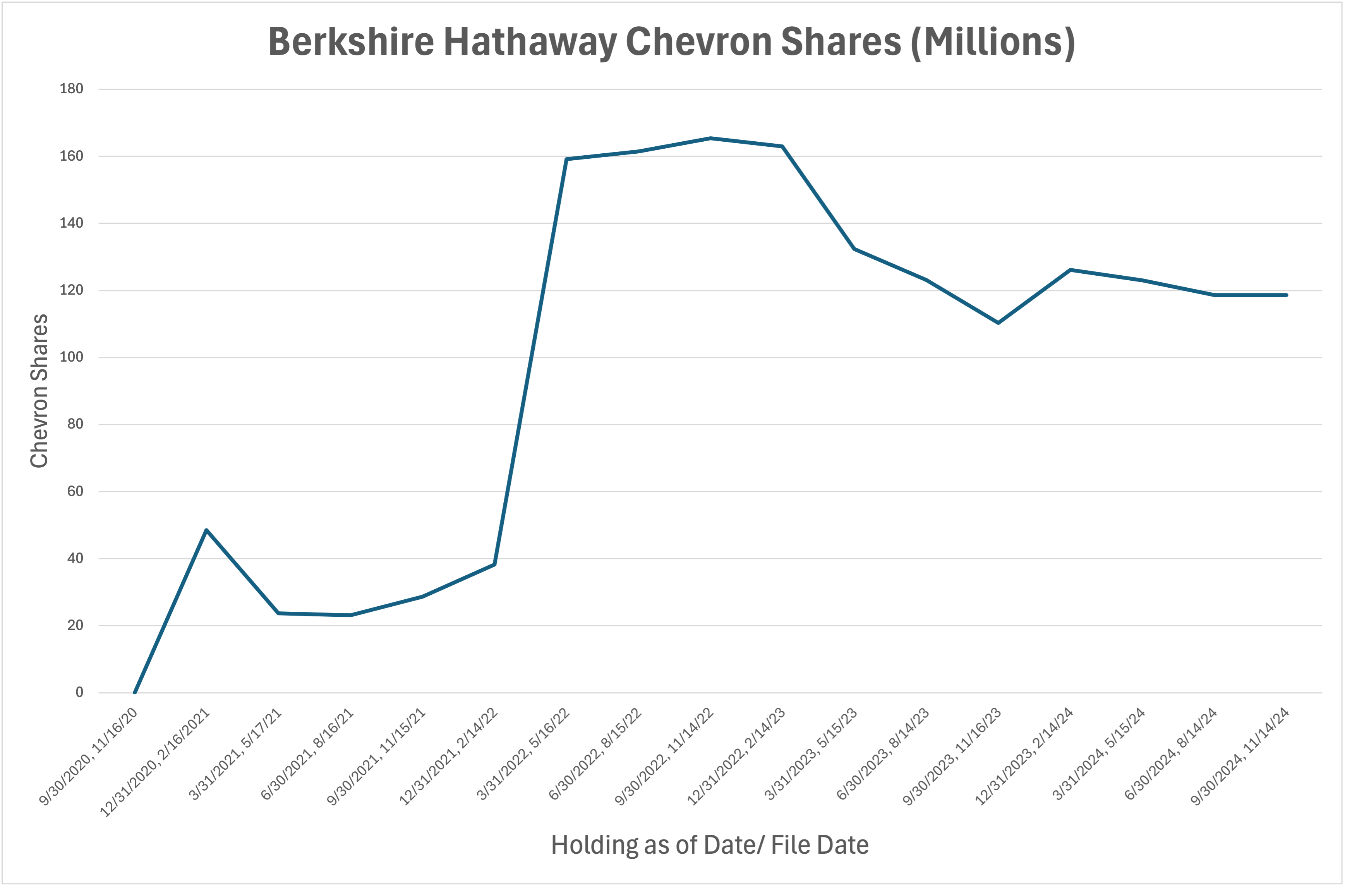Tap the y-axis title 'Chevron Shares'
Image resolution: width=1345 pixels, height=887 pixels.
[x=39, y=391]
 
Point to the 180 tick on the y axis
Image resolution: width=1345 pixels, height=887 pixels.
[x=71, y=89]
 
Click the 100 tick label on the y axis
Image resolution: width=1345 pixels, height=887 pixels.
[x=71, y=357]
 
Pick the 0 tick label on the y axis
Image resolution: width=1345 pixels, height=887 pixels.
[x=79, y=692]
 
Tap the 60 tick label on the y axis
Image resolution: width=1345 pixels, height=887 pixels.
[x=75, y=491]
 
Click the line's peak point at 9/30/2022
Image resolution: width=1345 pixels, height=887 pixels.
[x=710, y=138]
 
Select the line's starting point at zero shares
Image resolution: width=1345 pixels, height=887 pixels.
[x=135, y=692]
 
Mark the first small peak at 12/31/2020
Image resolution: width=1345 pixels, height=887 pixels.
[x=206, y=530]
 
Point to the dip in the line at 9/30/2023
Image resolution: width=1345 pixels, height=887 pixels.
[x=998, y=323]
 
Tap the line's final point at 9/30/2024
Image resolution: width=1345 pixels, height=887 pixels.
[x=1286, y=295]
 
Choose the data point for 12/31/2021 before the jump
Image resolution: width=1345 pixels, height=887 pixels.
[x=494, y=564]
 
